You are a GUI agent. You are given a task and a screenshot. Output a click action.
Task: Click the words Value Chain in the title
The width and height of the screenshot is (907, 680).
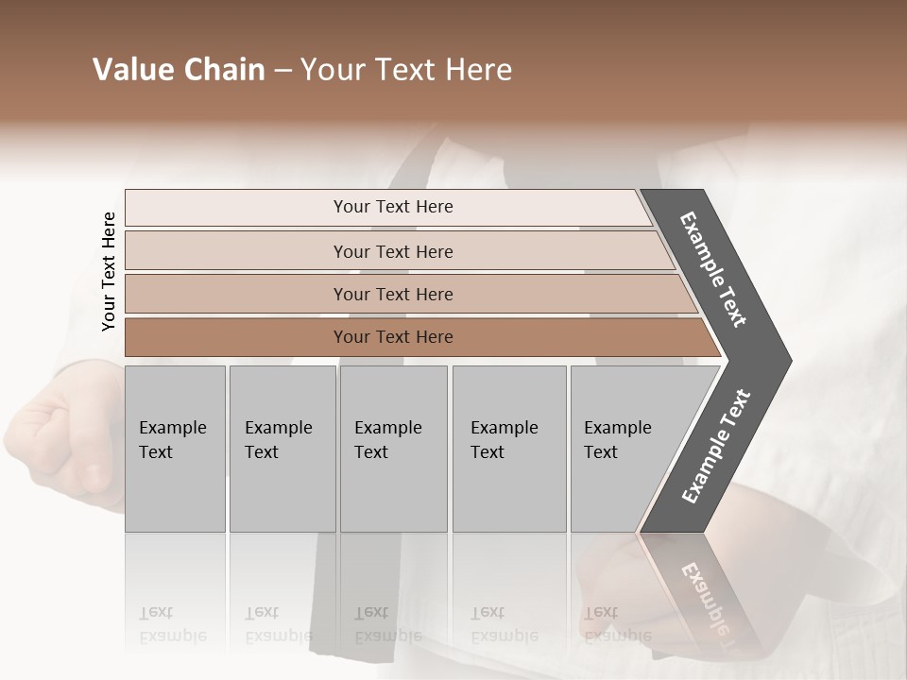pos(179,70)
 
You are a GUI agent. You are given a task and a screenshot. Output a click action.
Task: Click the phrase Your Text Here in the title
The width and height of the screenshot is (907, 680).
pos(406,70)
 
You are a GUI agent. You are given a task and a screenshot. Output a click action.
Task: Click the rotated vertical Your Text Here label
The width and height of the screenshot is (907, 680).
pos(109,272)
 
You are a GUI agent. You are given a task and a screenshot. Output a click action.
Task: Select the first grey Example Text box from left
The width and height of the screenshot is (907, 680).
pos(175,449)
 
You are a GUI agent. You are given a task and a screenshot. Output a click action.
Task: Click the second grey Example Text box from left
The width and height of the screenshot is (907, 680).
pos(282,449)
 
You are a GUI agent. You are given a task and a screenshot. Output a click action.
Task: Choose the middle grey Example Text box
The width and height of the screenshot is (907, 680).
pos(393,449)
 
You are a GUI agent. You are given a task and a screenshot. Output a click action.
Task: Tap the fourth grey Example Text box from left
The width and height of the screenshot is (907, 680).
pos(509,449)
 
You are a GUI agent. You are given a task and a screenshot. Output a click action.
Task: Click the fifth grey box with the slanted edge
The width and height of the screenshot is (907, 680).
pos(624,449)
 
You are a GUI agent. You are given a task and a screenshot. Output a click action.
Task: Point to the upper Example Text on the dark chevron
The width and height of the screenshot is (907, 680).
pos(713,269)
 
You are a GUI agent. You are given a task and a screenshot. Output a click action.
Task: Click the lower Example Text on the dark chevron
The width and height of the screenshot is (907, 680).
pos(716,447)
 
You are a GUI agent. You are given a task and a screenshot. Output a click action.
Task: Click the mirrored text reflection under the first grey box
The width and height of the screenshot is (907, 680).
pos(173,624)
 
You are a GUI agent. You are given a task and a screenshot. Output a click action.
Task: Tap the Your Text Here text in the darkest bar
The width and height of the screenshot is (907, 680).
pos(393,337)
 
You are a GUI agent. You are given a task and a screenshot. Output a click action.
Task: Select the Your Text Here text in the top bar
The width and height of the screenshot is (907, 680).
pos(393,207)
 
